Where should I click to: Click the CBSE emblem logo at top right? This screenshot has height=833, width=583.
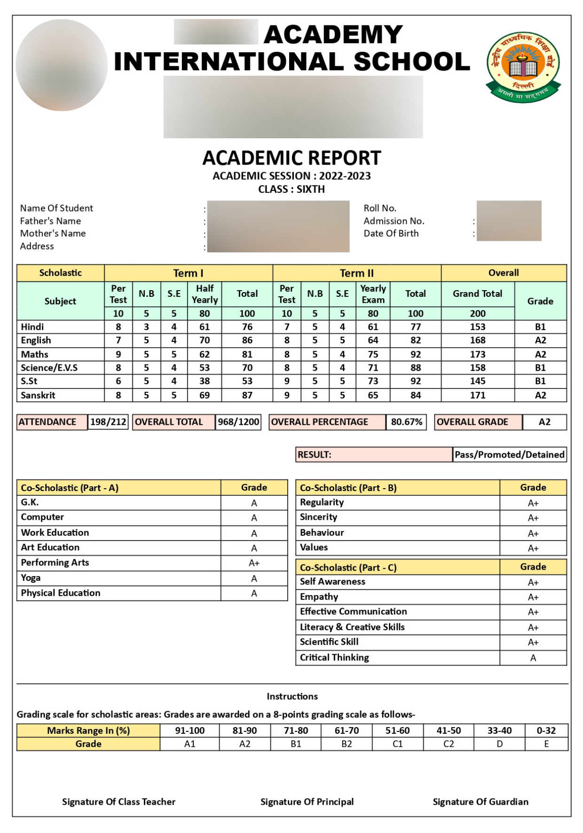pyautogui.click(x=523, y=66)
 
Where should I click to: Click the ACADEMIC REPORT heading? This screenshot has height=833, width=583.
pyautogui.click(x=291, y=158)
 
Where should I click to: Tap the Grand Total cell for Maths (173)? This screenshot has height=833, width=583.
pyautogui.click(x=477, y=354)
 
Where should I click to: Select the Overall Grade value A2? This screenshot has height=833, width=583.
pyautogui.click(x=544, y=422)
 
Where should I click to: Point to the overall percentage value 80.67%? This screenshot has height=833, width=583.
pyautogui.click(x=406, y=422)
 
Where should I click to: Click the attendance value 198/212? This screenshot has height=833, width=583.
pyautogui.click(x=108, y=422)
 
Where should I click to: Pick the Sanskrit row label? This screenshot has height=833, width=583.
pyautogui.click(x=38, y=395)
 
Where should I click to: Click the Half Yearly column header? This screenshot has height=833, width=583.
pyautogui.click(x=205, y=294)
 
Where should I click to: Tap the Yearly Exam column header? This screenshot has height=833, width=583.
pyautogui.click(x=373, y=294)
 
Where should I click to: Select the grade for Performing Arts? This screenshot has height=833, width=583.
pyautogui.click(x=254, y=563)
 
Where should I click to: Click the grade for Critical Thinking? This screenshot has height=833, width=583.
pyautogui.click(x=533, y=658)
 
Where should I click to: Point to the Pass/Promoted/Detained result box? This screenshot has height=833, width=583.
pyautogui.click(x=509, y=454)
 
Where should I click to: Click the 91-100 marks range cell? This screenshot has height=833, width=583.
pyautogui.click(x=189, y=730)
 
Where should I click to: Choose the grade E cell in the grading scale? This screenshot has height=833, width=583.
pyautogui.click(x=546, y=744)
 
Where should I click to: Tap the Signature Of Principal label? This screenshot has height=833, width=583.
pyautogui.click(x=307, y=801)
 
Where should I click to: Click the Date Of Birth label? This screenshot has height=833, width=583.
pyautogui.click(x=391, y=233)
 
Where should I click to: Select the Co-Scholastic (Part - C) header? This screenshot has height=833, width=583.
pyautogui.click(x=348, y=567)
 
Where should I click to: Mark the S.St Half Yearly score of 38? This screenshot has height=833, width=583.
pyautogui.click(x=205, y=381)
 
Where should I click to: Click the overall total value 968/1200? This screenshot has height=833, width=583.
pyautogui.click(x=238, y=422)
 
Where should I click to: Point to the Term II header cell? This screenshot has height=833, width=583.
pyautogui.click(x=356, y=273)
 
